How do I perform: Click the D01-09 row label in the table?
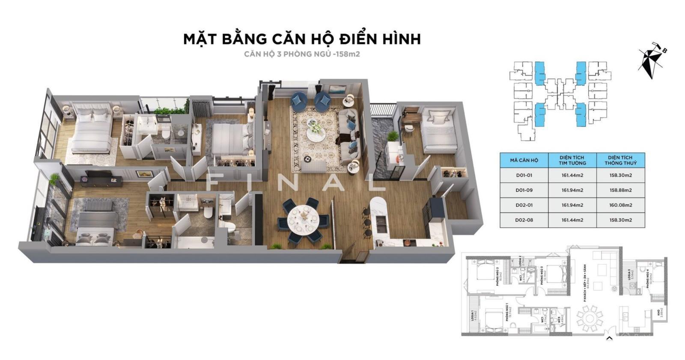pyautogui.click(x=524, y=190)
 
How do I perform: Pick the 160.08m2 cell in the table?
pyautogui.click(x=620, y=205)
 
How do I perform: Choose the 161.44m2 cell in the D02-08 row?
pyautogui.click(x=572, y=220)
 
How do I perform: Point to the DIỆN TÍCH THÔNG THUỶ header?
pyautogui.click(x=620, y=160)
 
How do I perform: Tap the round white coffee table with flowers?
pyautogui.click(x=316, y=135)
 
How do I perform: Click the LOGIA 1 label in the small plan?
pyautogui.click(x=472, y=315)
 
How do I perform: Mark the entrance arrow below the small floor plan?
pyautogui.click(x=609, y=338)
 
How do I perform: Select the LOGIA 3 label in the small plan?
pyautogui.click(x=630, y=274)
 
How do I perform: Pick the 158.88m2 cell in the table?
pyautogui.click(x=620, y=190)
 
